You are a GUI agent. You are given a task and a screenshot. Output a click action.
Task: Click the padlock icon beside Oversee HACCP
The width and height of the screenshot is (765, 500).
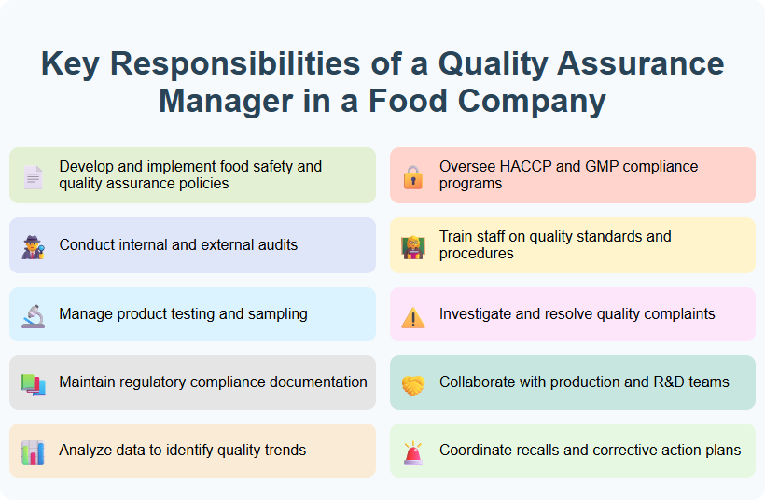pos(412,176)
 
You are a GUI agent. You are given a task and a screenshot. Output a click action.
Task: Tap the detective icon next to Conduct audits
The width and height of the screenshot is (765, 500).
pos(33,246)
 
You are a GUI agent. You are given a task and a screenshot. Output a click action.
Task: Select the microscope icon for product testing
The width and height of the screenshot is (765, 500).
pos(33,315)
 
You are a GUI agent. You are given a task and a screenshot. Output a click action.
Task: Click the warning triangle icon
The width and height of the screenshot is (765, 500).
pos(412,316)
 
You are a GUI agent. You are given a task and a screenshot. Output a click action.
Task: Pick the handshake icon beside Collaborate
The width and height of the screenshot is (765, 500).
pos(412,383)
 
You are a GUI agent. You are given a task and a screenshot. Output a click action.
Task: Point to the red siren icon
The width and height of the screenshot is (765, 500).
pos(412,451)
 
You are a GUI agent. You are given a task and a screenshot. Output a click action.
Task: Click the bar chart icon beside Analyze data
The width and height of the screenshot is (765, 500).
pos(33,451)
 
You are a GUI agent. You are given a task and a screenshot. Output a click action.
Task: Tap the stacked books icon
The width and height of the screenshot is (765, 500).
pos(33,383)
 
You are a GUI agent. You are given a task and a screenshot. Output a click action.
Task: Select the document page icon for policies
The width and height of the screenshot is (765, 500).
pos(33,176)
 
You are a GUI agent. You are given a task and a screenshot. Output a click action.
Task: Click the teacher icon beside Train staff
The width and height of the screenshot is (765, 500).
pos(412,246)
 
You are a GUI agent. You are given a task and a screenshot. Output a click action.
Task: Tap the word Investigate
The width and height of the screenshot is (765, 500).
pos(475,313)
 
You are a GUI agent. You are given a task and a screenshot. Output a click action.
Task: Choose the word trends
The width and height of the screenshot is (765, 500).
pos(281,450)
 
